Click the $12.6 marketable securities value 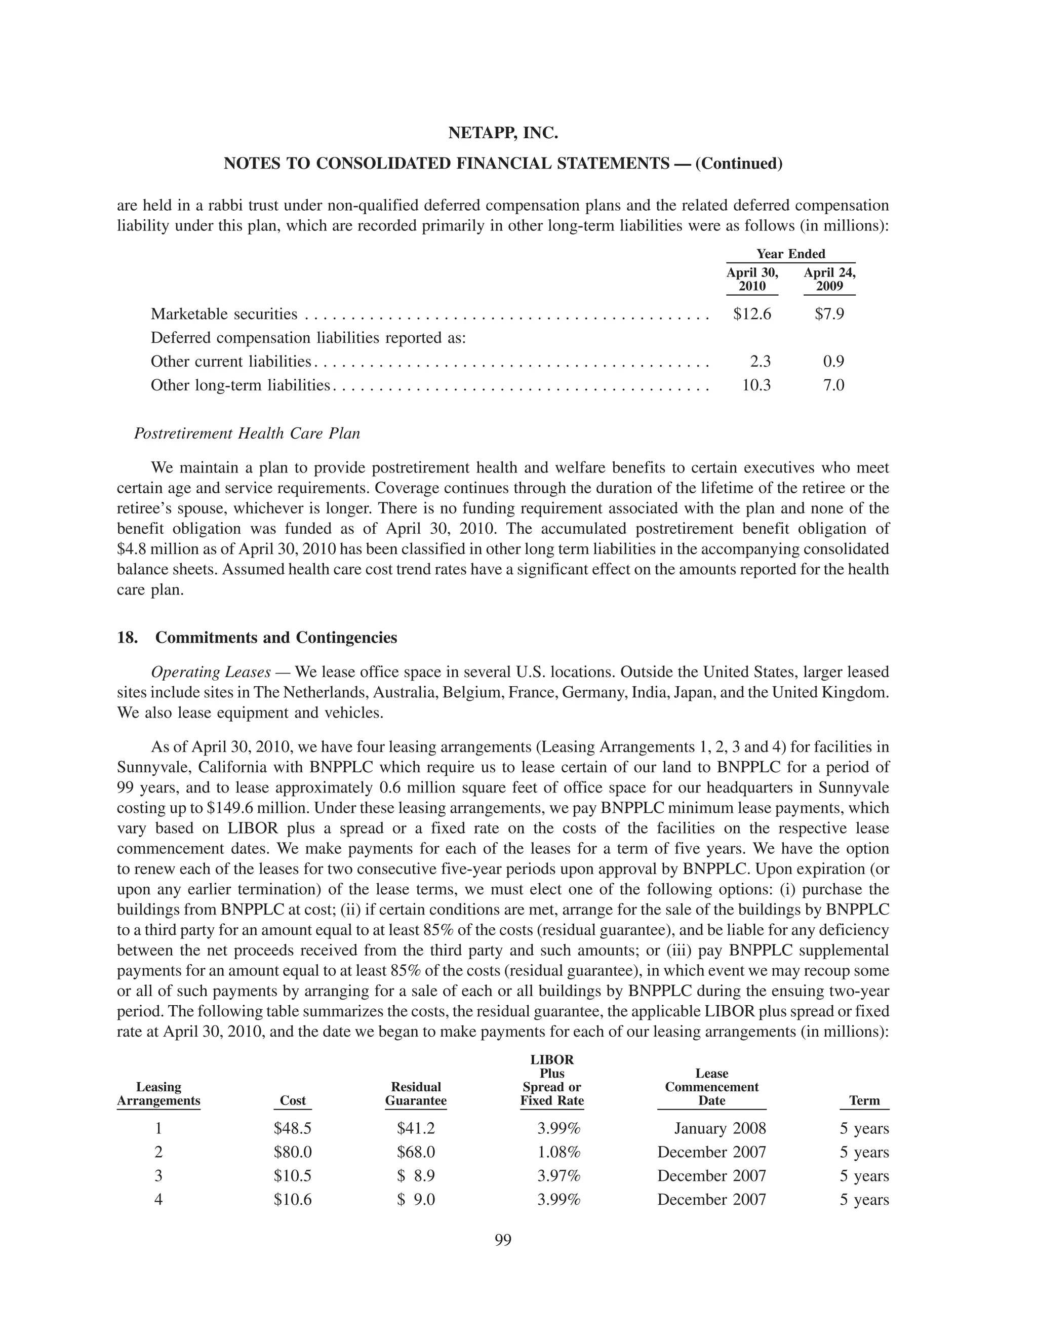[752, 314]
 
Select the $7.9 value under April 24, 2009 [829, 314]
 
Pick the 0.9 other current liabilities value [833, 361]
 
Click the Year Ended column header [790, 254]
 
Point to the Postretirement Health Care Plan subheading [247, 433]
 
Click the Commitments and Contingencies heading [276, 637]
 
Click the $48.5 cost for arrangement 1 [293, 1129]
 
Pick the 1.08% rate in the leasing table [559, 1152]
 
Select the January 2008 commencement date [720, 1129]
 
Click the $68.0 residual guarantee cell [416, 1152]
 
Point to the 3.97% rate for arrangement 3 [559, 1175]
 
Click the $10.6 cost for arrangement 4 [293, 1199]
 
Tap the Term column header [864, 1100]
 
